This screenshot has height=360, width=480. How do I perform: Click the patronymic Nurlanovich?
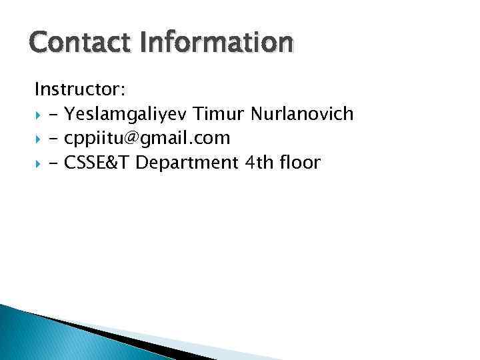tap(303, 113)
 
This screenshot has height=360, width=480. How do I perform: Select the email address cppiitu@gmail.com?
tap(147, 138)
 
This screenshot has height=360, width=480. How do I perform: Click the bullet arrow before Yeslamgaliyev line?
tap(39, 115)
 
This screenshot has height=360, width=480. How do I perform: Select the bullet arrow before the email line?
tap(39, 139)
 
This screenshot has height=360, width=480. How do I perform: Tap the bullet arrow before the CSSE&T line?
tap(39, 163)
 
